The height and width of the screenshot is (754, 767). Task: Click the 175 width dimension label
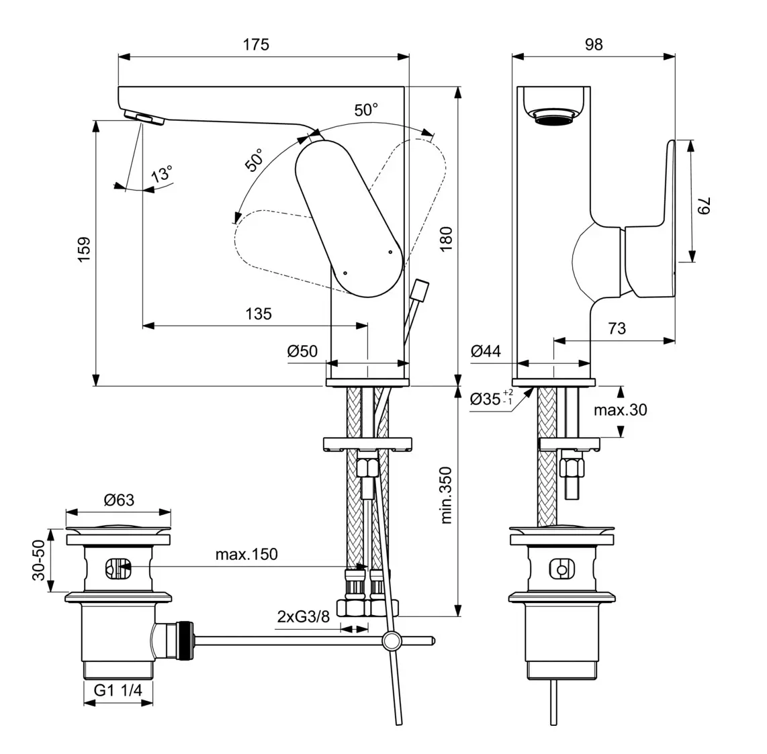point(256,44)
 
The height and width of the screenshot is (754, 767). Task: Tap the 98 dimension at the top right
point(593,44)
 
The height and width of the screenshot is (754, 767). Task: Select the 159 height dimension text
point(84,249)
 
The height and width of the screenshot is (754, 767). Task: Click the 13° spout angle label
point(161,175)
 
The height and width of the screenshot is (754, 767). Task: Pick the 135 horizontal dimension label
point(258,314)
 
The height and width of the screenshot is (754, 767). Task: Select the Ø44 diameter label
point(486,350)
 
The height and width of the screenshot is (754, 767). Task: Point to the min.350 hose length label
point(447,496)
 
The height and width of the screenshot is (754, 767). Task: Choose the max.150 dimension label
point(246,555)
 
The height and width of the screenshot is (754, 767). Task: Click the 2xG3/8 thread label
point(304,616)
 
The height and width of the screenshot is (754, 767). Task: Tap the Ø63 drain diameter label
point(118,500)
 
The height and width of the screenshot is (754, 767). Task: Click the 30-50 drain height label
point(39,560)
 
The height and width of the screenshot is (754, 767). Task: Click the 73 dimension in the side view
point(616,328)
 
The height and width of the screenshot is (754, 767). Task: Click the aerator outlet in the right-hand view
point(553,119)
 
